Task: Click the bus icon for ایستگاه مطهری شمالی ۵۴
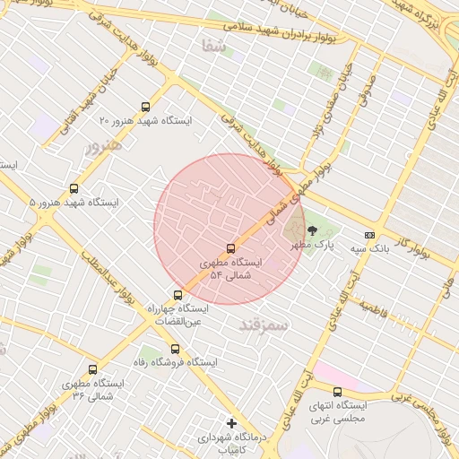pos(231,248)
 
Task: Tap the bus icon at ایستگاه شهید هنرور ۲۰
pos(146,107)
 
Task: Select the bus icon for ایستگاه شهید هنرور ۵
pos(74,189)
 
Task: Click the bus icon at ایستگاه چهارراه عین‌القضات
pos(178,295)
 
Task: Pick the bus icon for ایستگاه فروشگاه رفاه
pos(175,350)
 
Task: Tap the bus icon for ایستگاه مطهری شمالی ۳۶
pos(92,369)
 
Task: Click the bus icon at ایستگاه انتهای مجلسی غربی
pos(337,392)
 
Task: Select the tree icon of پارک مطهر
pos(312,231)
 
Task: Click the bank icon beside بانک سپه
pos(369,235)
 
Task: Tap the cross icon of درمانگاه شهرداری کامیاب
pos(231,422)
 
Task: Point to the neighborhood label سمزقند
pos(264,325)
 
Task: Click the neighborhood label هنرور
pos(101,146)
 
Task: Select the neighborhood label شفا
pos(214,47)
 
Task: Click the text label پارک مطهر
pos(316,244)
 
